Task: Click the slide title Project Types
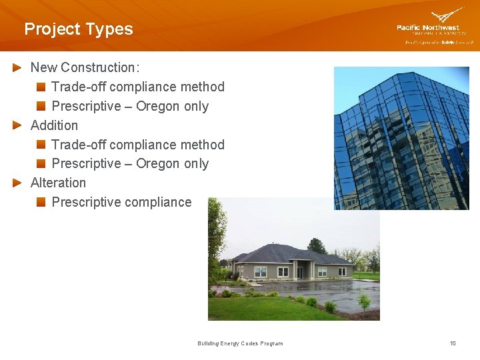click(x=78, y=29)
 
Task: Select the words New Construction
click(x=83, y=67)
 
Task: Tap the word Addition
click(x=54, y=125)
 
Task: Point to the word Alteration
click(x=58, y=183)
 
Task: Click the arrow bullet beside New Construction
click(x=18, y=67)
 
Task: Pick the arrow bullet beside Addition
click(x=18, y=125)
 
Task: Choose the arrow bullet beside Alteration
click(x=18, y=183)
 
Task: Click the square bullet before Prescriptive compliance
click(x=41, y=202)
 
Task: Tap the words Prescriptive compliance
click(x=121, y=202)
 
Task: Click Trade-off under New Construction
click(x=79, y=87)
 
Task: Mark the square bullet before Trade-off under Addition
click(x=41, y=145)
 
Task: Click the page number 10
click(x=453, y=343)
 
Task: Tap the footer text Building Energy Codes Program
click(x=240, y=343)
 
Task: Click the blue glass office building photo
click(x=401, y=138)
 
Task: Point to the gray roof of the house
click(x=287, y=254)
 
